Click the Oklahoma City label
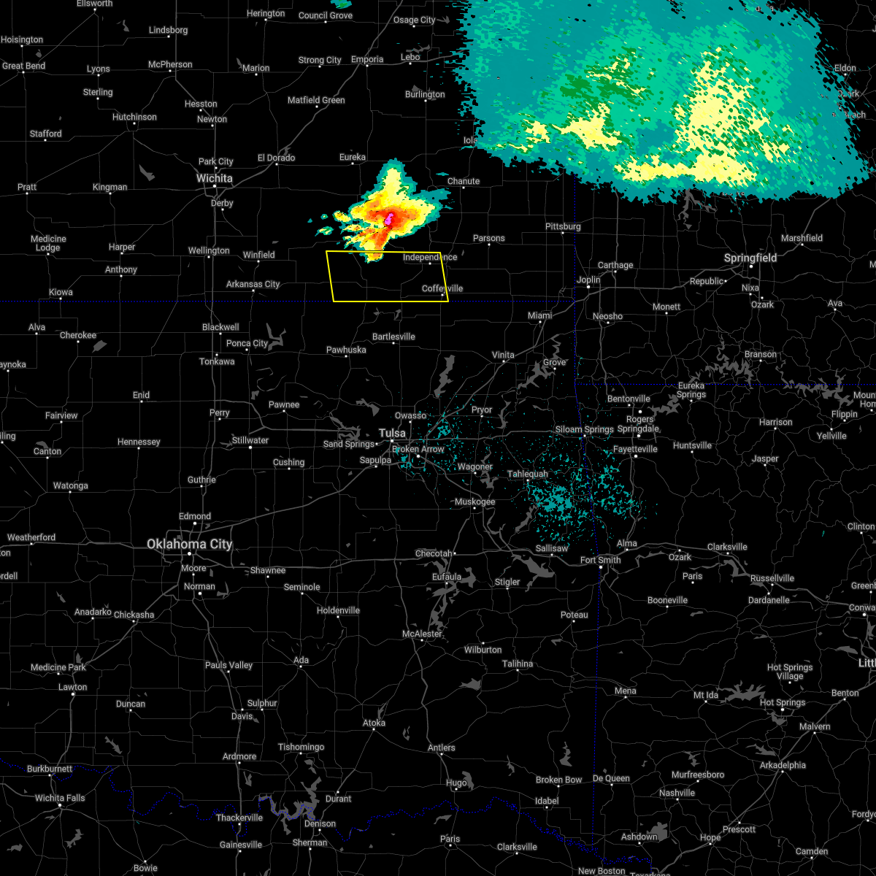[189, 544]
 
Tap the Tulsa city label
[392, 434]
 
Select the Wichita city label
[215, 178]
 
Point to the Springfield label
[750, 258]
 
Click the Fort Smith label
[600, 560]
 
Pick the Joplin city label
[588, 280]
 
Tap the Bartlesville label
[393, 337]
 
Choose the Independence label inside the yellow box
[430, 257]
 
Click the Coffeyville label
[442, 288]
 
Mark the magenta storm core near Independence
[389, 218]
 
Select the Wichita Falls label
[60, 798]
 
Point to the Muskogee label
[474, 502]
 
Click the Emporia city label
[367, 59]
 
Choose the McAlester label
[423, 634]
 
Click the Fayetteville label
[635, 449]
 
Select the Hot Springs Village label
[789, 672]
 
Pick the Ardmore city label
[239, 756]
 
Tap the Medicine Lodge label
[48, 243]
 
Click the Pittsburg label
[563, 226]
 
